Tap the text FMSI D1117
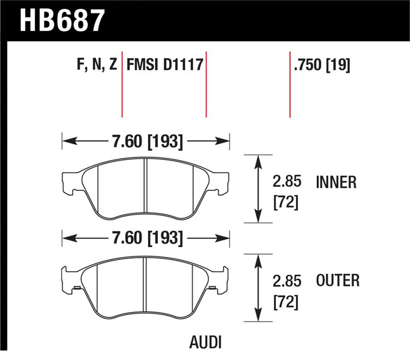165,65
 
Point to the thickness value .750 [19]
321,65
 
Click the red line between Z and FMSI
122,85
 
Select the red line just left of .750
290,85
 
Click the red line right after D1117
206,85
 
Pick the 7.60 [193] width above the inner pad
146,141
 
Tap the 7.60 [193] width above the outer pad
146,238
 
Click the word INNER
336,182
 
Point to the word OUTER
338,281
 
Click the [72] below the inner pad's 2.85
285,202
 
